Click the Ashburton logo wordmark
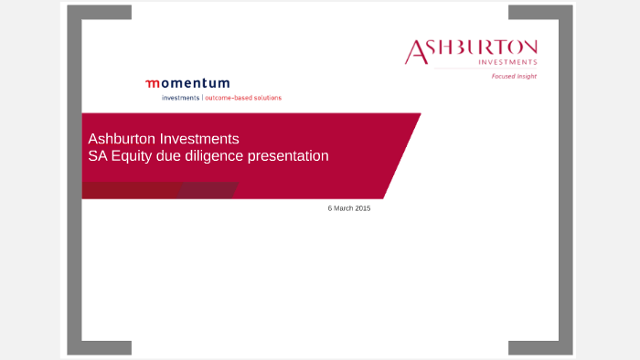[x=472, y=50]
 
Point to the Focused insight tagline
[x=515, y=77]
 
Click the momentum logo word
[x=187, y=83]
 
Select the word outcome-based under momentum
[x=229, y=97]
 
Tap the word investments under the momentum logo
[x=180, y=97]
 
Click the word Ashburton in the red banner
[x=122, y=139]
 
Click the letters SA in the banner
[x=97, y=156]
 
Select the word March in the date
[x=345, y=208]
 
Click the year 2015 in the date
[x=363, y=208]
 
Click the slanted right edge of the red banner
[x=402, y=155]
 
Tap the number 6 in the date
[x=330, y=208]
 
